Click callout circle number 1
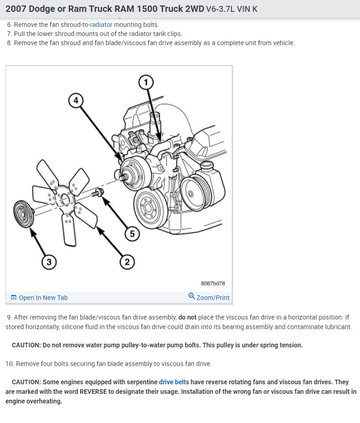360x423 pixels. (146, 83)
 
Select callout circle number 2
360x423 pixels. (127, 261)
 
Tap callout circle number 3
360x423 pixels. (49, 261)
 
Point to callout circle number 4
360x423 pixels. (76, 100)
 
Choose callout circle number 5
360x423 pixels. (132, 234)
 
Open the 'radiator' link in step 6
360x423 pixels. (101, 25)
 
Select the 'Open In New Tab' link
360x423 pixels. (43, 298)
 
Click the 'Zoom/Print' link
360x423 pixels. (213, 298)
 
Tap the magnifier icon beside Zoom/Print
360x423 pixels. (192, 297)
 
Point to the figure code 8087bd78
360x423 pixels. (213, 284)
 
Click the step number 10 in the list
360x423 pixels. (10, 364)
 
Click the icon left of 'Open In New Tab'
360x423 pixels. (13, 298)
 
